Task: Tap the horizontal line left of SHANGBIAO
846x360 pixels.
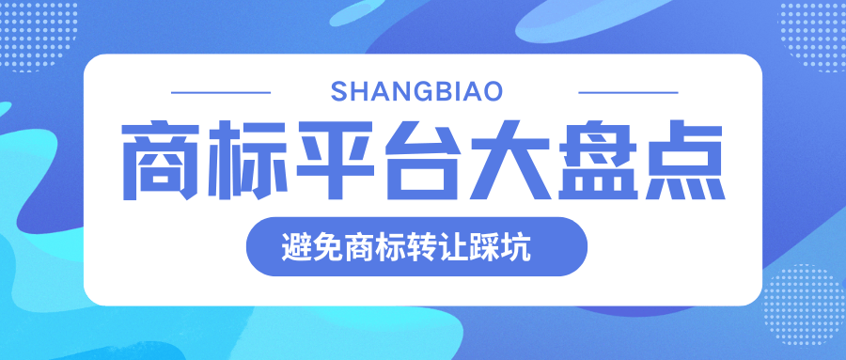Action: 222,92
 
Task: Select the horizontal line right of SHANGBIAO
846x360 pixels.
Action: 627,92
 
